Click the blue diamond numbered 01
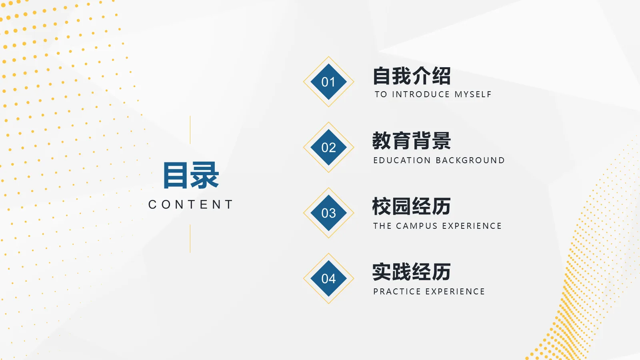[x=328, y=82]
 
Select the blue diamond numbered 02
[x=328, y=148]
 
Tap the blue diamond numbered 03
[x=328, y=213]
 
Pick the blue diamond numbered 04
[x=328, y=279]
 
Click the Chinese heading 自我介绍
[x=412, y=76]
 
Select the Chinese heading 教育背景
[x=412, y=141]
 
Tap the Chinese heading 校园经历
[x=412, y=206]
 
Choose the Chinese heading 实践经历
[x=412, y=272]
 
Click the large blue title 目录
[x=191, y=176]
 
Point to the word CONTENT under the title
[x=191, y=205]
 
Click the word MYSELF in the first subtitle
[x=473, y=94]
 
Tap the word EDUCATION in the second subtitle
[x=402, y=160]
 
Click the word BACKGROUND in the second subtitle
[x=470, y=160]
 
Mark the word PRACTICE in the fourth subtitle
[x=397, y=292]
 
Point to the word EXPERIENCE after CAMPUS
[x=472, y=226]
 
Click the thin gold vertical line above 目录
[x=190, y=130]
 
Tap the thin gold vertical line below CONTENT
[x=190, y=238]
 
